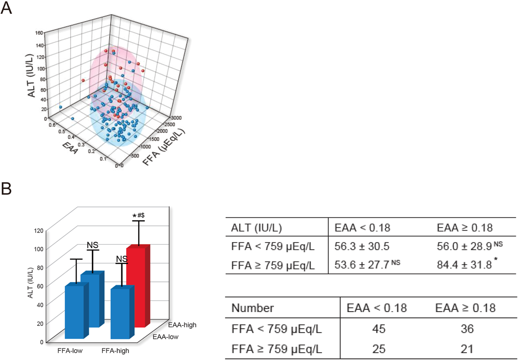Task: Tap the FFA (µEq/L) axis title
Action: coord(164,147)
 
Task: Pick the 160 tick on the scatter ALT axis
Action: coord(39,33)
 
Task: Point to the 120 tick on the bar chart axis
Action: coord(39,231)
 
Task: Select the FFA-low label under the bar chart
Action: coord(70,351)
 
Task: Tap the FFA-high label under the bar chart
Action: coord(115,351)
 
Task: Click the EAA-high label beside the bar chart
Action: coord(182,325)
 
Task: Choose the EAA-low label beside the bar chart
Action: coord(166,337)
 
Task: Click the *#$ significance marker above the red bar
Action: coord(139,216)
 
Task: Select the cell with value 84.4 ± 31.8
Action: coord(464,265)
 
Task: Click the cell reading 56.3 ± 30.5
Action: coord(361,246)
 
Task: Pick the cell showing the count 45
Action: coord(379,329)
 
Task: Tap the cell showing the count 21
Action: coord(467,349)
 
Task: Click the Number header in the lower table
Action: coord(252,308)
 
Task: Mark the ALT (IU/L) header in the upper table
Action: coord(256,228)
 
